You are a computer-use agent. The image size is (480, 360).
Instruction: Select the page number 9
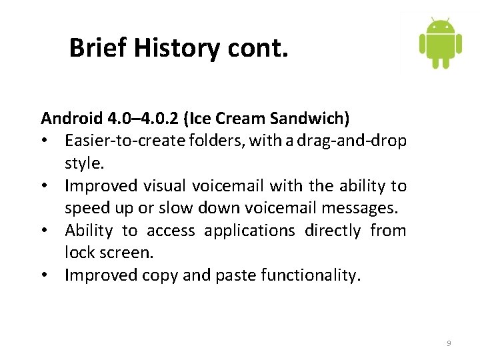pos(449,343)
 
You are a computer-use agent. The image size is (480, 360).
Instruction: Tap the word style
pos(83,163)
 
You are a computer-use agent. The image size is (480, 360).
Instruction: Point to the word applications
pos(249,231)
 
